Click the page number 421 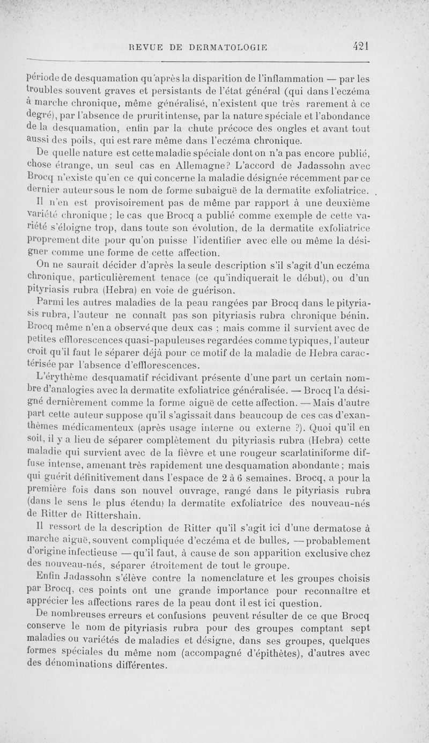point(363,46)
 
